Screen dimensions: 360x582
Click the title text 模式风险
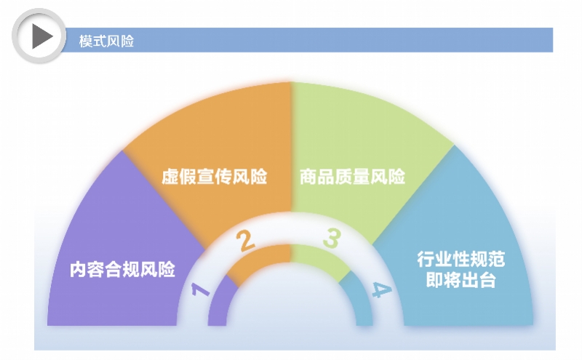click(106, 41)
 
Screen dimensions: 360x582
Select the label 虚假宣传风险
click(214, 177)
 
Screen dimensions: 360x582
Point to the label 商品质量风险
click(352, 177)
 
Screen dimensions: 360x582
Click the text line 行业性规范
click(461, 260)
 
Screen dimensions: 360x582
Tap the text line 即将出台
click(461, 280)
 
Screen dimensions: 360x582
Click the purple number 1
click(199, 292)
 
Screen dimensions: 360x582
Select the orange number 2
click(247, 241)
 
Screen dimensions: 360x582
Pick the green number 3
click(332, 239)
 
